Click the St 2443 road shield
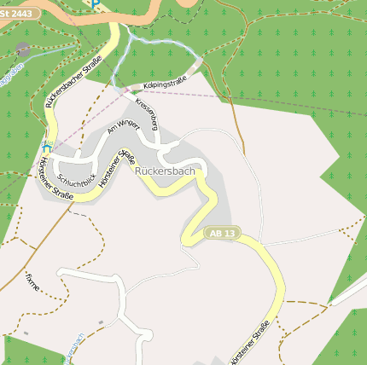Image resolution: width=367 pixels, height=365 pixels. point(19,13)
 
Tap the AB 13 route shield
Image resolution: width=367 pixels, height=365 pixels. point(219,233)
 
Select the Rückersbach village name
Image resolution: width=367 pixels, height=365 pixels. point(165,171)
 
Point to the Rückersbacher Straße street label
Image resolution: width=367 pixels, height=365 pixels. point(74,81)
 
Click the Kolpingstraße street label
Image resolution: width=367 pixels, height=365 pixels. point(165,84)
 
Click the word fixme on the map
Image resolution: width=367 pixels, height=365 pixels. point(32,280)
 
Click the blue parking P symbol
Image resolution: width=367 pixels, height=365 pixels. point(95,4)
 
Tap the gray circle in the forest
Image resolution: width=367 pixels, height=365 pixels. point(22,49)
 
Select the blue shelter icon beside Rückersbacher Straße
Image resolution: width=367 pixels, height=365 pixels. point(47,147)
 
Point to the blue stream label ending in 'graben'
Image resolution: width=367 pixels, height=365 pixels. point(10,77)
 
